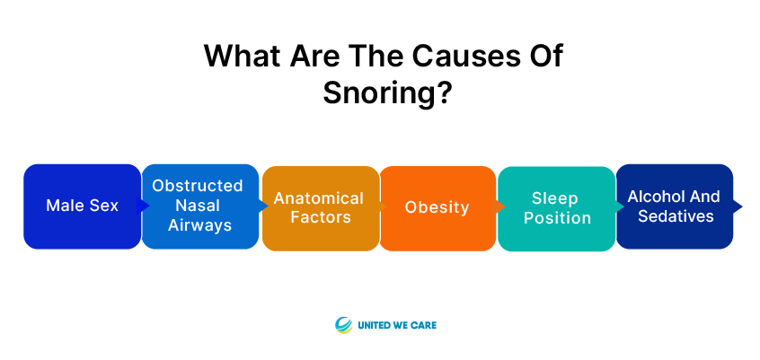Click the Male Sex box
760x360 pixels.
coord(83,206)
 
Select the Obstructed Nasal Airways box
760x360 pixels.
coord(200,206)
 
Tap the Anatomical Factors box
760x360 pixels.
coord(321,208)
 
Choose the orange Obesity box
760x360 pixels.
coord(437,208)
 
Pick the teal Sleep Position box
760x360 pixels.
coord(556,208)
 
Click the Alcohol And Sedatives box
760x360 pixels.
coord(675,206)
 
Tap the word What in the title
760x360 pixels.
coord(242,56)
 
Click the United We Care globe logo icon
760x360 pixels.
coord(344,325)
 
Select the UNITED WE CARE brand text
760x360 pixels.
coord(397,325)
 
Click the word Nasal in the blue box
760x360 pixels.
coord(198,206)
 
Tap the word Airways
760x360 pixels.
coord(200,225)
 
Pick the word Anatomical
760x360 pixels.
coord(318,198)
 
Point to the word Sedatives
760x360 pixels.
coord(676,216)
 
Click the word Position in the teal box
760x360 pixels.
coord(557,218)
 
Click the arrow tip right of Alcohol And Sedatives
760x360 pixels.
coord(741,206)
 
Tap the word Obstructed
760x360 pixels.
coord(198,186)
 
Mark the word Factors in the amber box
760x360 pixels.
coord(321,217)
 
